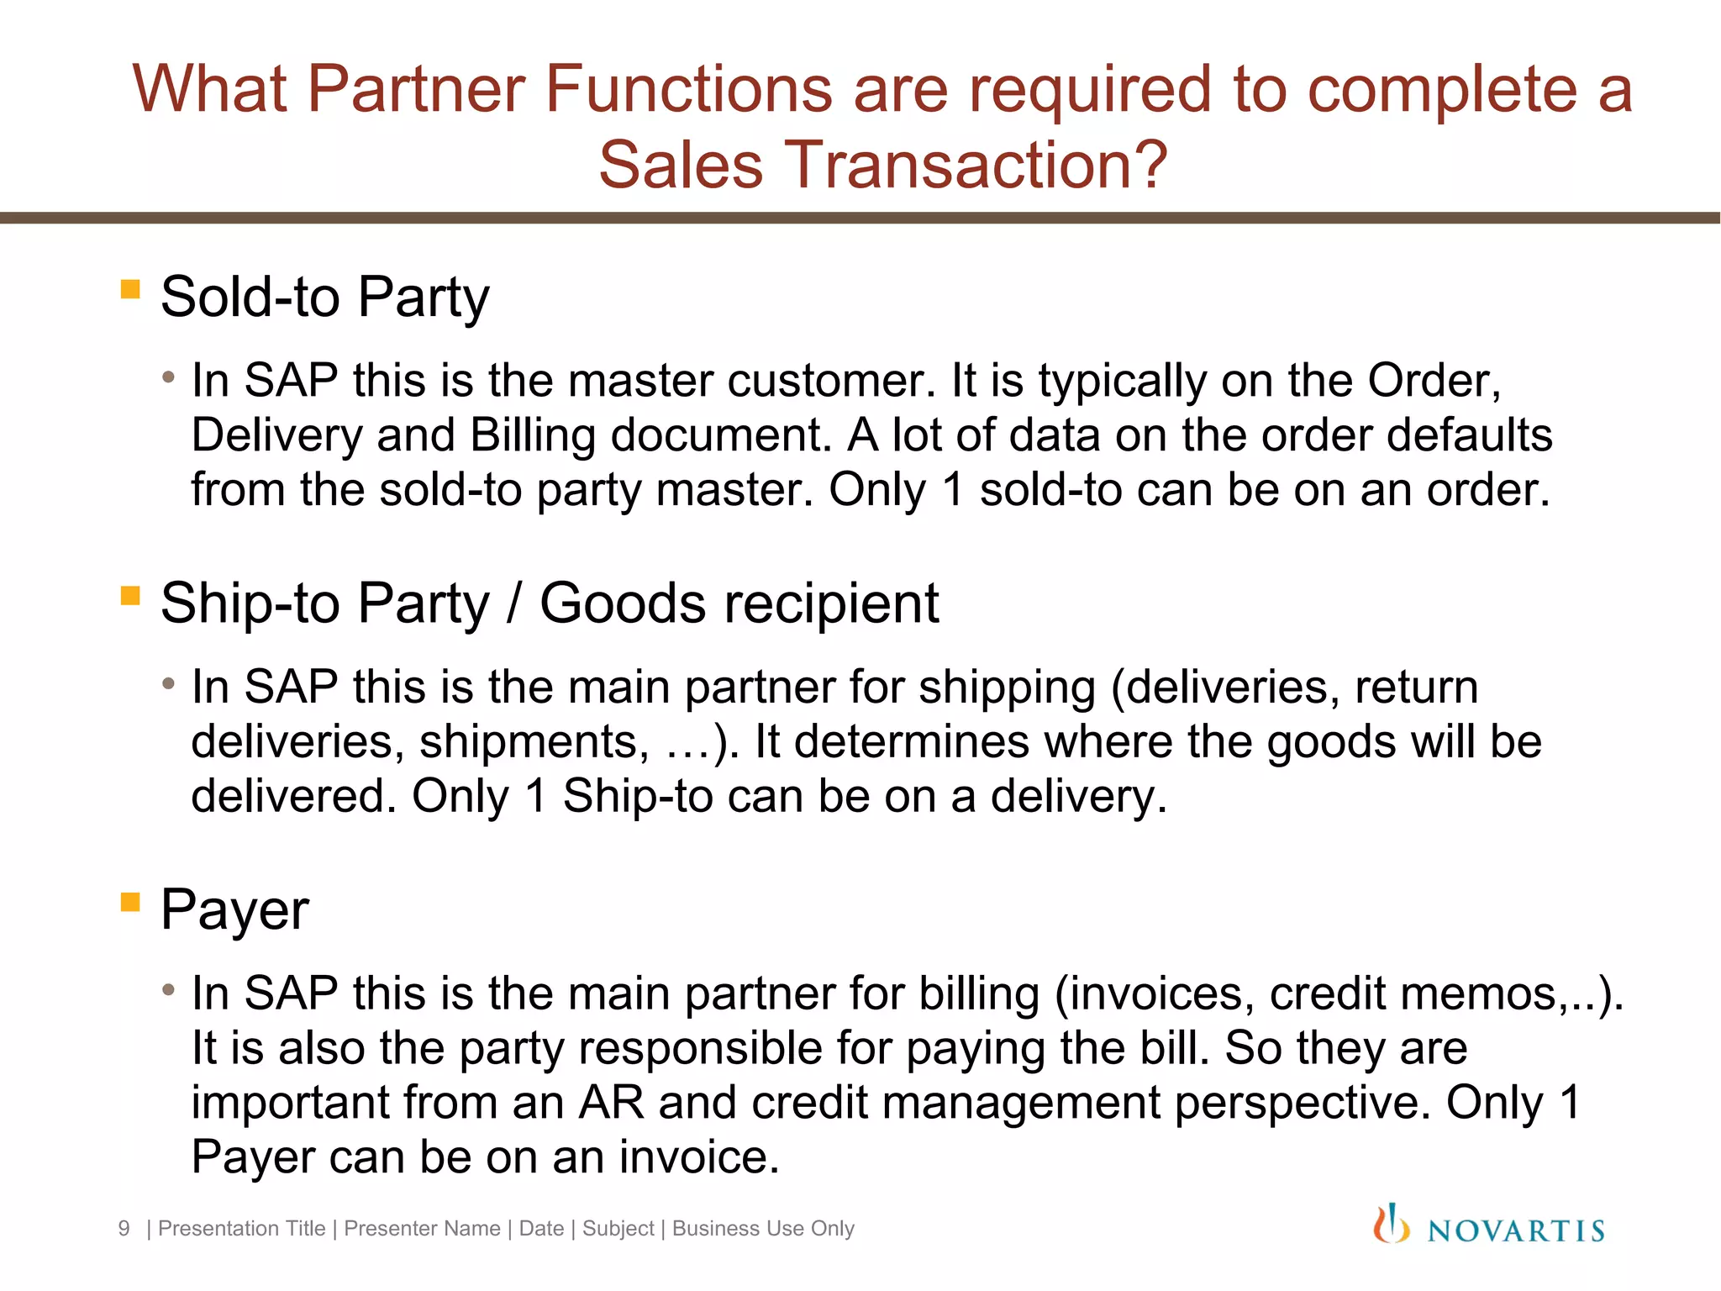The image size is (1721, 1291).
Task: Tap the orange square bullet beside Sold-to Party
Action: [130, 290]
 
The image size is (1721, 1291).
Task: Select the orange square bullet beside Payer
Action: [130, 902]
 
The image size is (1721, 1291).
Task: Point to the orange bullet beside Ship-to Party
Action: [130, 596]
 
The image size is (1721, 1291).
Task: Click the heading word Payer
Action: [234, 910]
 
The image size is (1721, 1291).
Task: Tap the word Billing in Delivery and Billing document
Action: [532, 435]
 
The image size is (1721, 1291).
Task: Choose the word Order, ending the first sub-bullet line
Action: [1434, 381]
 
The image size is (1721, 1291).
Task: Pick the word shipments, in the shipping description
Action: [534, 741]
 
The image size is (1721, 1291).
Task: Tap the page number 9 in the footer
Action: [124, 1229]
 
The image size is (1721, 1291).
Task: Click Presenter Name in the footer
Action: [422, 1229]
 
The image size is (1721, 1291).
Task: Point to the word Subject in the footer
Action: [618, 1229]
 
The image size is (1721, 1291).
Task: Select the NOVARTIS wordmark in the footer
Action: [1516, 1231]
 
